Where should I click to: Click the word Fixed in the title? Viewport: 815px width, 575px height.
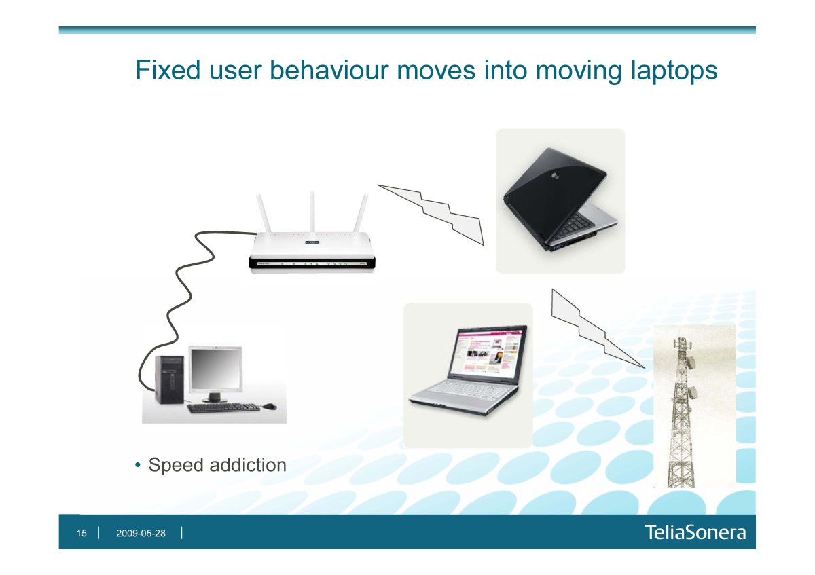pos(168,70)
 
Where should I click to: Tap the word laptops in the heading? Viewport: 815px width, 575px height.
pos(674,72)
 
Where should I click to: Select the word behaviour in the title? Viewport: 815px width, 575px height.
pos(329,70)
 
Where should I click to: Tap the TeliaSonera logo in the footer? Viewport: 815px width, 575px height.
pos(695,532)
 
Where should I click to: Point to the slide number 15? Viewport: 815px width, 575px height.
pos(81,533)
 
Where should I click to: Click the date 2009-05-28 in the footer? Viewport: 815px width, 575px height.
pos(141,533)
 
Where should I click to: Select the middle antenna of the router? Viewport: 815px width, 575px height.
pos(312,212)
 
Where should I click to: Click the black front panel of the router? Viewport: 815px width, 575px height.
pos(312,263)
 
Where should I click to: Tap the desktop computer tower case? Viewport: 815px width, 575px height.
pos(169,379)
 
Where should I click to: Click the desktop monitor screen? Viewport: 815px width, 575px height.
pos(216,369)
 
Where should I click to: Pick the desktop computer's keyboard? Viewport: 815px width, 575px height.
pos(223,407)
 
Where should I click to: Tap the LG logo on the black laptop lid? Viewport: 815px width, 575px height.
pos(556,177)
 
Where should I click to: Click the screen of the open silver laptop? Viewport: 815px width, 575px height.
pos(488,352)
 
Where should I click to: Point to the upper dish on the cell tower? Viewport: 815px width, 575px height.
pos(691,362)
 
